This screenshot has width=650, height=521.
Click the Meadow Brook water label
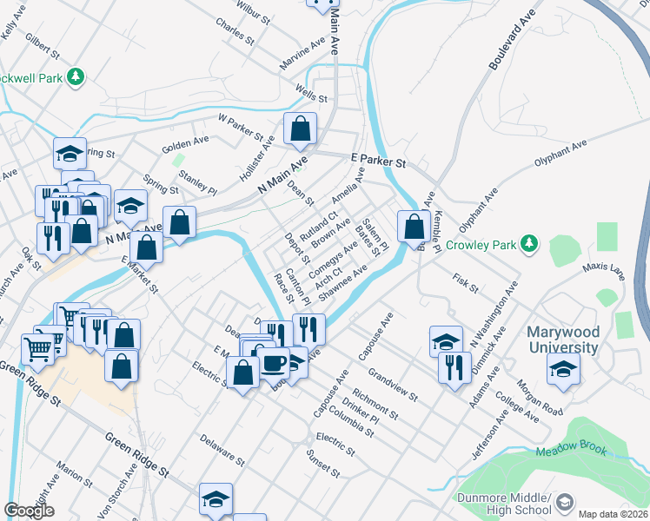[x=567, y=452]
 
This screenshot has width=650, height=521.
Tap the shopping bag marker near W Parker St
[x=300, y=129]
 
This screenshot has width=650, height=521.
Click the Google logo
[x=29, y=510]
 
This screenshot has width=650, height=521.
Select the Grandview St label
[x=393, y=385]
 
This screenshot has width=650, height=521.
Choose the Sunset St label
[x=322, y=464]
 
